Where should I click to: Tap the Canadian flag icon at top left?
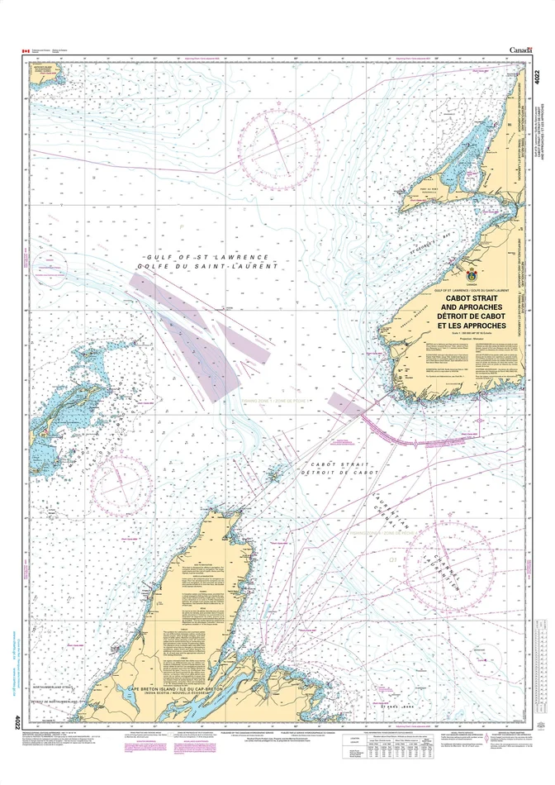26,51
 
